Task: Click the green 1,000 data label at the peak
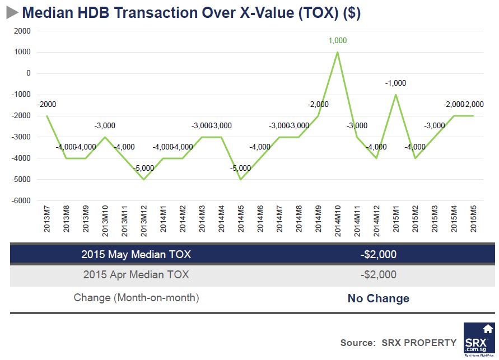[338, 40]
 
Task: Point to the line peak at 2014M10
[338, 52]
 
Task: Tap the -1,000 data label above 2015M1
[395, 83]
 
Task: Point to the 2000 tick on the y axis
[22, 31]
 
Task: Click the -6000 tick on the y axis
[21, 200]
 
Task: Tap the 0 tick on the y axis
[27, 73]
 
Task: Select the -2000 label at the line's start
[46, 104]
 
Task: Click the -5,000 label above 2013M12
[144, 167]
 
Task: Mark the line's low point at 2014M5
[241, 179]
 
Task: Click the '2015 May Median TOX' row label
[136, 255]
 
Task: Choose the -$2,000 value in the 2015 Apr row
[378, 275]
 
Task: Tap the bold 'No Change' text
[378, 298]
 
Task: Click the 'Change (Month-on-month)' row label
[136, 298]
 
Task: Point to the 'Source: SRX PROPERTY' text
[398, 343]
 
